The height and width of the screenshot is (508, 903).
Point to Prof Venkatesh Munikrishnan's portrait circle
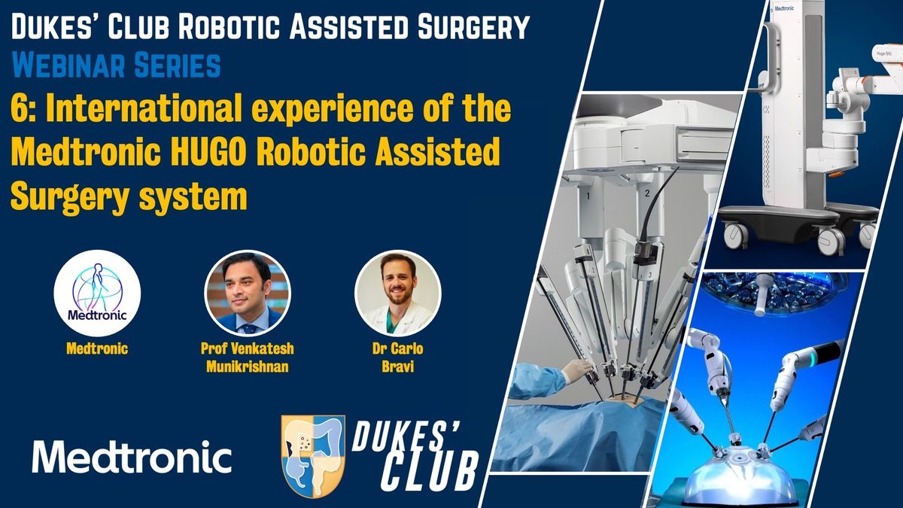(248, 294)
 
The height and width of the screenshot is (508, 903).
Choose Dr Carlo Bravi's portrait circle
(398, 294)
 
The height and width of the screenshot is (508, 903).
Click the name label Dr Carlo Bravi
(398, 358)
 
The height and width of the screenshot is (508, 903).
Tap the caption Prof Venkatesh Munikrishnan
(248, 358)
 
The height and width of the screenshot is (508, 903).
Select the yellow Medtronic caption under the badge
(98, 350)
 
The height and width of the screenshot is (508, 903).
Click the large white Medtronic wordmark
(132, 456)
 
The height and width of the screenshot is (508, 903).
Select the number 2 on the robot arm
(646, 195)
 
